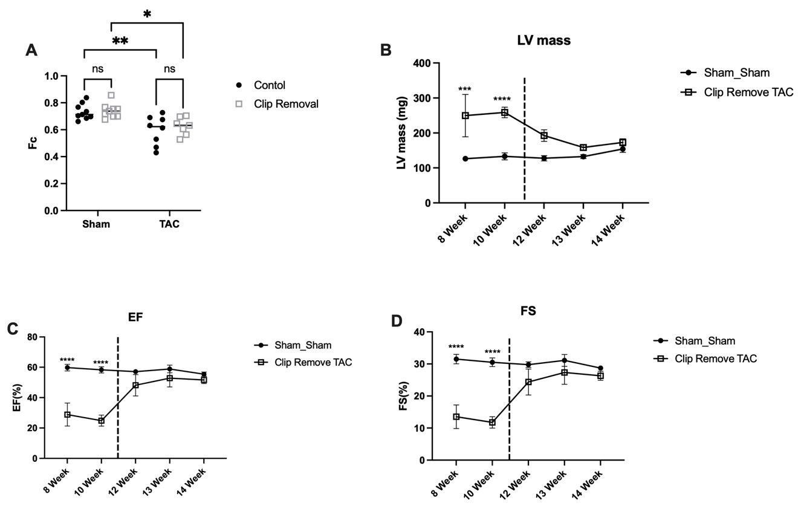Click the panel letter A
(x=31, y=51)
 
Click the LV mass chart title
(x=543, y=41)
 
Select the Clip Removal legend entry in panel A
(x=278, y=104)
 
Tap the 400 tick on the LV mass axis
(x=418, y=63)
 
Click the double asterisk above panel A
(x=120, y=41)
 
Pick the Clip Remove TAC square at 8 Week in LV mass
(x=465, y=115)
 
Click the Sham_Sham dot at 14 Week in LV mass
(x=623, y=149)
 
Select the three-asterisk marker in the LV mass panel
(x=464, y=90)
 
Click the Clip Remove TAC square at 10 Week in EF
(x=102, y=421)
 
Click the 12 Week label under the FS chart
(x=518, y=484)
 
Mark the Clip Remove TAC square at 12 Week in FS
(x=528, y=382)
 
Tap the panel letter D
(x=397, y=321)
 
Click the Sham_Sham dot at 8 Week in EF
(x=68, y=368)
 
